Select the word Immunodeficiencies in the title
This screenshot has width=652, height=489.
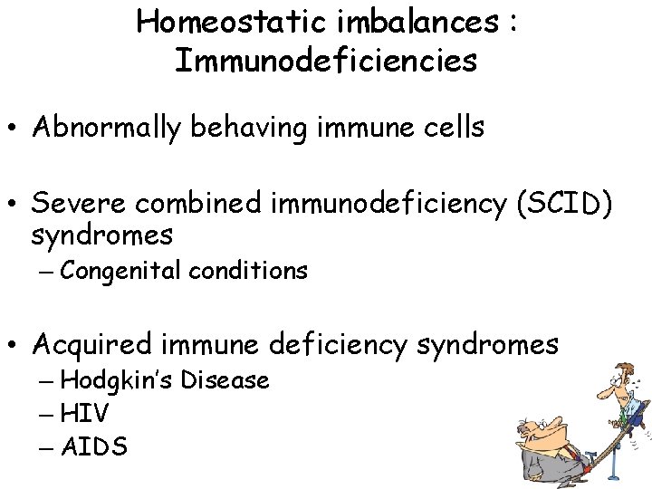pyautogui.click(x=326, y=61)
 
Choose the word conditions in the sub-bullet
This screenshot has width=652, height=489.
pyautogui.click(x=252, y=270)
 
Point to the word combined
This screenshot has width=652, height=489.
pyautogui.click(x=203, y=205)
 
